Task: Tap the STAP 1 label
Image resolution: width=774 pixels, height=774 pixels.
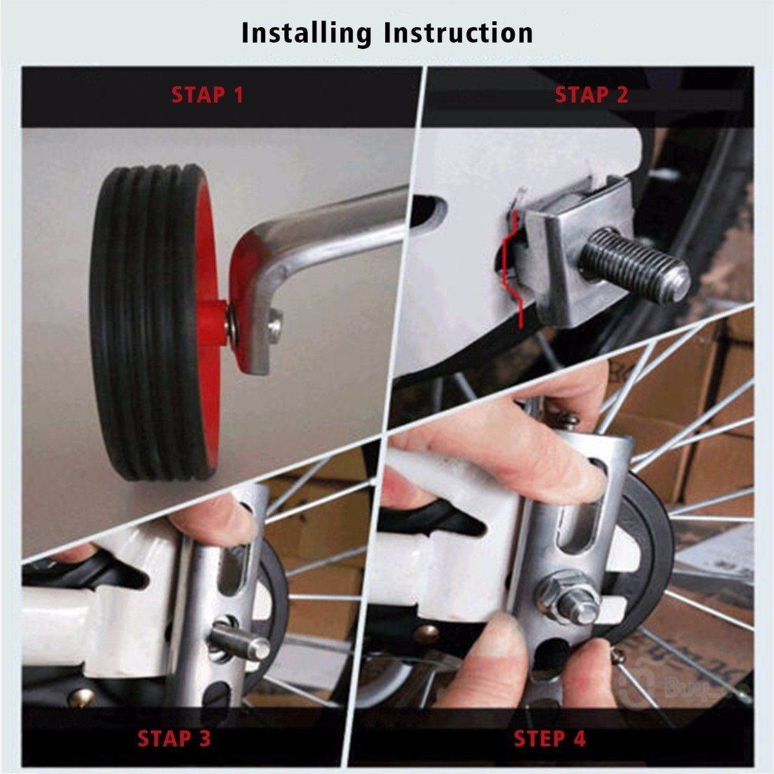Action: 208,95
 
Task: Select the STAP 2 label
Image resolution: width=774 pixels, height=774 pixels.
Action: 591,95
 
